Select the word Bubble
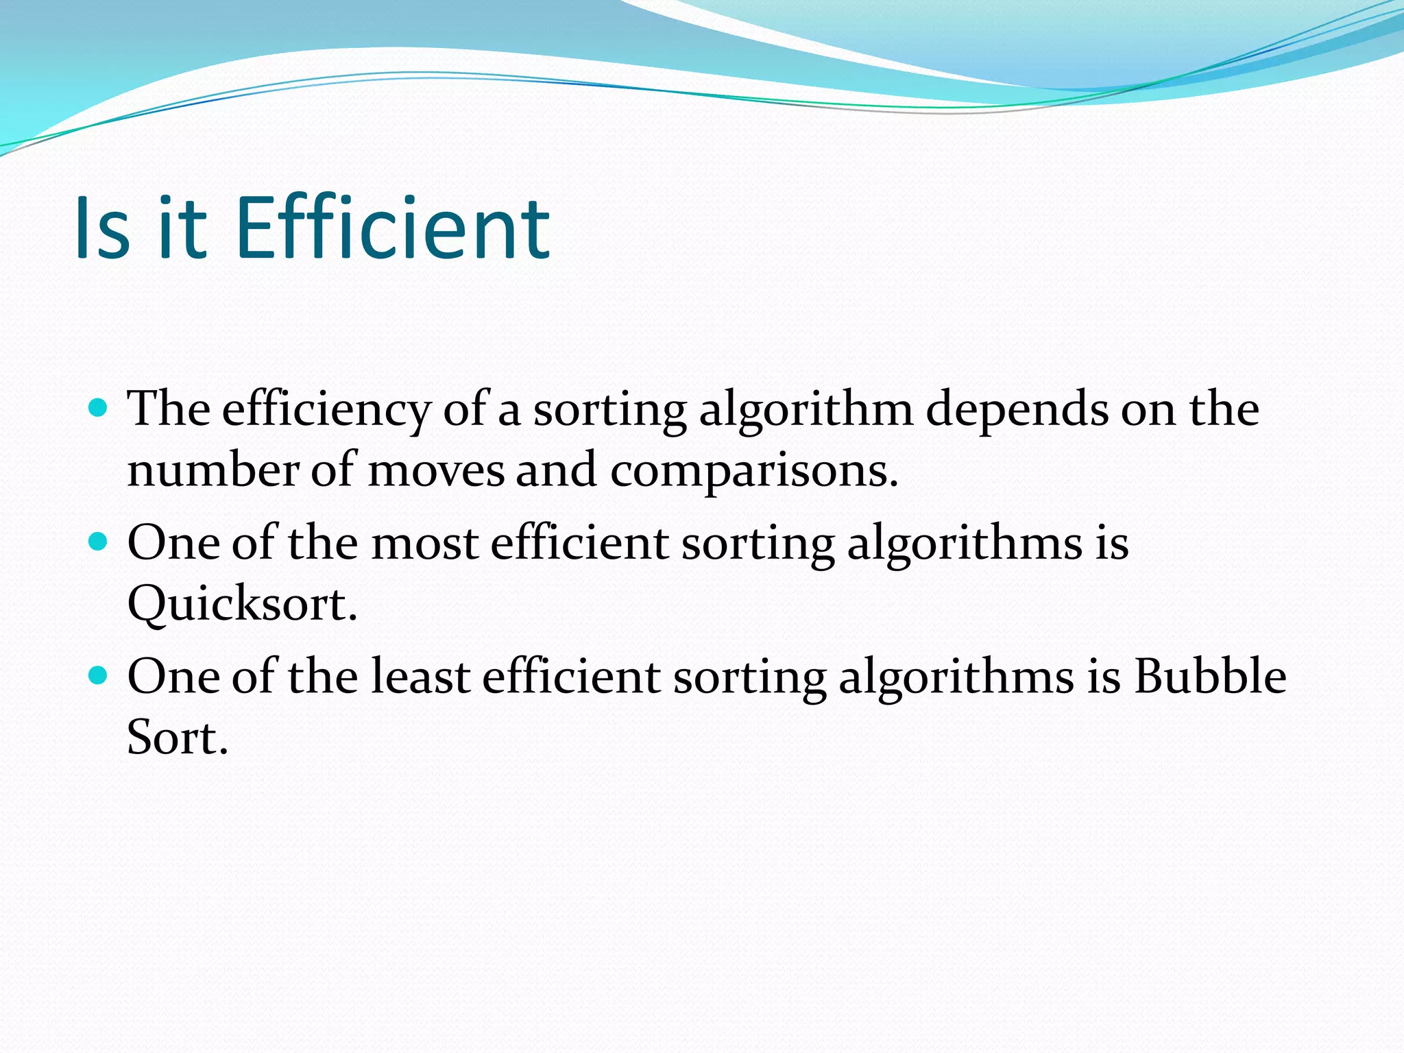pos(1210,677)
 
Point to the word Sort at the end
pos(177,738)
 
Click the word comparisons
pos(753,472)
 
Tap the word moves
pos(436,472)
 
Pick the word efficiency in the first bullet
pos(326,409)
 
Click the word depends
pos(1017,409)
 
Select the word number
pos(213,472)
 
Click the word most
pos(425,543)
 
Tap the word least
pos(421,677)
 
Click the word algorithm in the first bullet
pos(806,409)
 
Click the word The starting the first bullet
pos(169,409)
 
